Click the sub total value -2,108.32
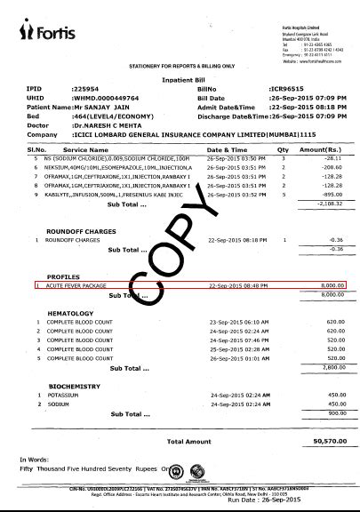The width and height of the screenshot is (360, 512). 328,203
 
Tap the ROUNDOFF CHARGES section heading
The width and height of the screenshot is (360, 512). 80,230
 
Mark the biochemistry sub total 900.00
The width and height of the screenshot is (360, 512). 333,413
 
